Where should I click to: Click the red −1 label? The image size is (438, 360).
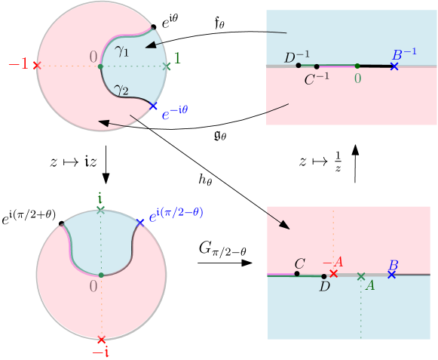(18, 64)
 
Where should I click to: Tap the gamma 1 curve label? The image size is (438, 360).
(121, 51)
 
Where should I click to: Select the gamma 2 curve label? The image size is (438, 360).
(121, 91)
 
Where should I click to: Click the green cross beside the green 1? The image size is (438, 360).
(167, 66)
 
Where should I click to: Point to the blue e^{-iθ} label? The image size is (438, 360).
(175, 115)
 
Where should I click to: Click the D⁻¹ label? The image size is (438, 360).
(296, 57)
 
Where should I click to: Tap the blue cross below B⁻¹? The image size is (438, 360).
(394, 66)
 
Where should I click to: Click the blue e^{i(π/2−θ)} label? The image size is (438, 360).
(176, 214)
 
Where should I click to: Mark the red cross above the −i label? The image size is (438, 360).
(101, 340)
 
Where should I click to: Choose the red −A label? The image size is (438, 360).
(332, 262)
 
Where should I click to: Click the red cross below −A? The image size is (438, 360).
(334, 273)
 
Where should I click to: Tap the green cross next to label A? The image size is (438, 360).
(361, 276)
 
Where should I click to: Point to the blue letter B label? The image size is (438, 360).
(393, 265)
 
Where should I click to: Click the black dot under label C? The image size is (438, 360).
(297, 273)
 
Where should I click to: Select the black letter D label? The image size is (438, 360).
(324, 286)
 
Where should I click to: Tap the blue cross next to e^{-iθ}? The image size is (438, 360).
(154, 106)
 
